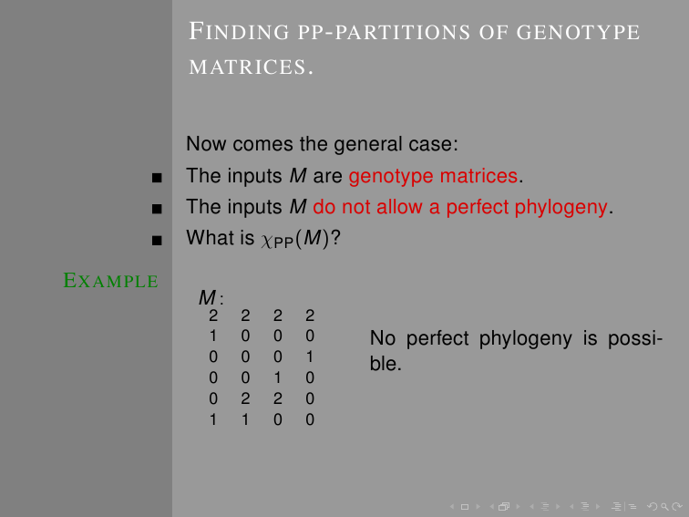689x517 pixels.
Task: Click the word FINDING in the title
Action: pyautogui.click(x=239, y=32)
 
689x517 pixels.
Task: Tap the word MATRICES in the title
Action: pyautogui.click(x=247, y=67)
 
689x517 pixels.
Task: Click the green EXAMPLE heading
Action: pyautogui.click(x=111, y=281)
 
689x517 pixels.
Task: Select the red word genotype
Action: pyautogui.click(x=391, y=176)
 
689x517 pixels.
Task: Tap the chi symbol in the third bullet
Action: pyautogui.click(x=267, y=241)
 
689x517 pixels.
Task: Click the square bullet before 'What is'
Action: pyautogui.click(x=157, y=240)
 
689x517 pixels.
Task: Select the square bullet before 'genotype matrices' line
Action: pyautogui.click(x=157, y=178)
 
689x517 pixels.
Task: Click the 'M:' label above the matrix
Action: pyautogui.click(x=211, y=297)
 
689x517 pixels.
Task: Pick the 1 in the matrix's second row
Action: pyautogui.click(x=213, y=336)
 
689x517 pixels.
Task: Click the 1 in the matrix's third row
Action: pyautogui.click(x=310, y=357)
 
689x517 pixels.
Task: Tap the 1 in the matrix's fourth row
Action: pyautogui.click(x=278, y=377)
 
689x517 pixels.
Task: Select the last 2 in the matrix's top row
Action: pyautogui.click(x=310, y=315)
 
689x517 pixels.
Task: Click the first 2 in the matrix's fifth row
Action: pyautogui.click(x=245, y=398)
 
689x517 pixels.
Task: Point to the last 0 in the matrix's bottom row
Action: pyautogui.click(x=310, y=419)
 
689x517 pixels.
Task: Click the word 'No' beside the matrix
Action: pyautogui.click(x=383, y=338)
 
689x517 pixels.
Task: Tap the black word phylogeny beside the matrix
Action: pyautogui.click(x=526, y=339)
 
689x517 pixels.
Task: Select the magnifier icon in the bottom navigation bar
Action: pyautogui.click(x=664, y=507)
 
